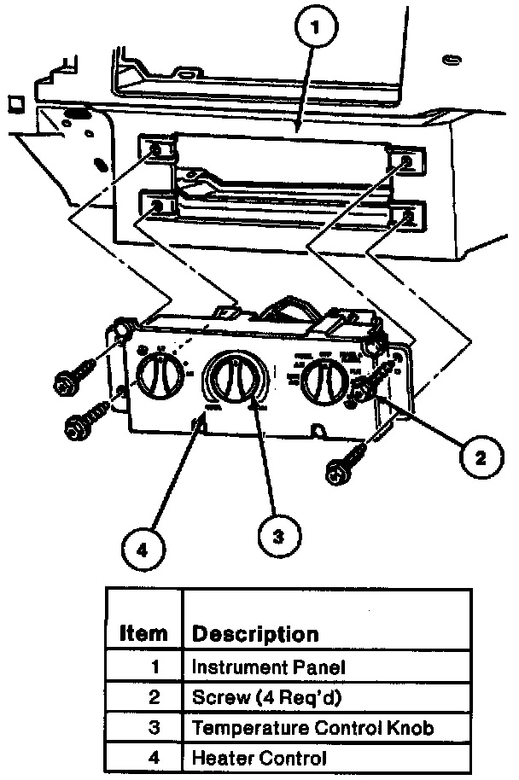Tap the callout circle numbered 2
pos(481,459)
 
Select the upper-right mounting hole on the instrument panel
pos(405,161)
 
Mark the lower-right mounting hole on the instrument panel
pos(408,216)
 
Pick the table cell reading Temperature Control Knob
pos(312,727)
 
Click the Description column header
pos(254,634)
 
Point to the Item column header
pos(143,634)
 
